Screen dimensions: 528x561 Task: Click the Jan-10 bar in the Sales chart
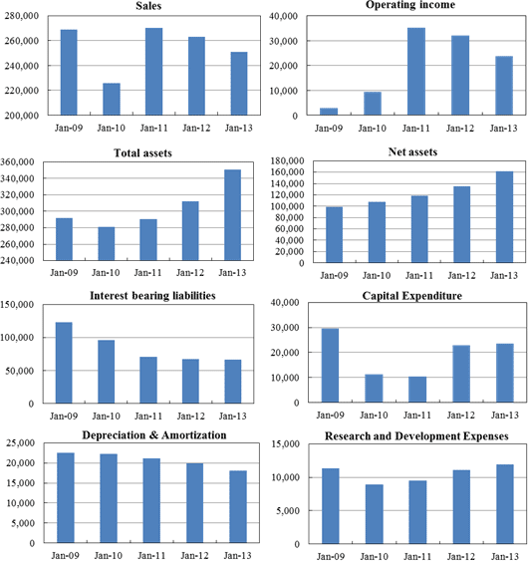(112, 99)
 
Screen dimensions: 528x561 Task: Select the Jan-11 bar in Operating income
(416, 72)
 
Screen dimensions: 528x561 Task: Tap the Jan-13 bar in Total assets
(232, 215)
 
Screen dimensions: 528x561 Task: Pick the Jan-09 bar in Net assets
(334, 235)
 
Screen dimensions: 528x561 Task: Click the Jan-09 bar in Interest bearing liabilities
(64, 363)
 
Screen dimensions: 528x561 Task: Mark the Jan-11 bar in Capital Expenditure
(417, 390)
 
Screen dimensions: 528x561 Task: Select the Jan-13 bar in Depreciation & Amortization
(238, 507)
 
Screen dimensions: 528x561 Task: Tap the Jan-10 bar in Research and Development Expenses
(375, 514)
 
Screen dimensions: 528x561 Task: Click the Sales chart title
(148, 6)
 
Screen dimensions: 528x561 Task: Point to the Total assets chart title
(143, 153)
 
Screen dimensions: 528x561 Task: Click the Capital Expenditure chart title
(412, 296)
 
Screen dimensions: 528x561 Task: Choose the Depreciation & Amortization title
(154, 435)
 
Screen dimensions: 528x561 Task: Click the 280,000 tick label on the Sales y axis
(22, 16)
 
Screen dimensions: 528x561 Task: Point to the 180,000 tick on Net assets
(287, 161)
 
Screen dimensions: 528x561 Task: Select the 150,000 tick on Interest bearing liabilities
(17, 305)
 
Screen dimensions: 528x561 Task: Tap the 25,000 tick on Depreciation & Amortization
(21, 443)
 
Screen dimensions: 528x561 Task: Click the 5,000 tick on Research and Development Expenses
(288, 511)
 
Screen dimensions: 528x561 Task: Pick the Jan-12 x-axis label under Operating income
(460, 129)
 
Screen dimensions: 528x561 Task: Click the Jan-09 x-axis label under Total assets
(64, 273)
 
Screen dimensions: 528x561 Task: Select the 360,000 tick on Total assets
(17, 162)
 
